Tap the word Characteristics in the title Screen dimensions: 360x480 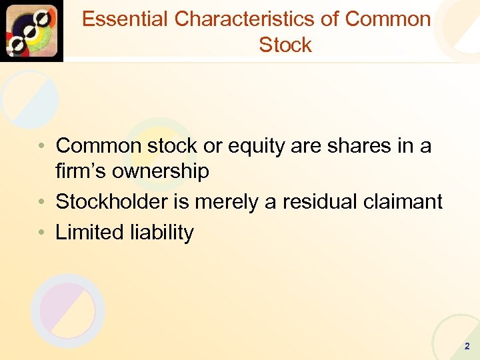[245, 19]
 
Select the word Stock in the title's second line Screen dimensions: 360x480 [285, 45]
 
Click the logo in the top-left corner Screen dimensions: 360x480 [31, 31]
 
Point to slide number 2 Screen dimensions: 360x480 [466, 346]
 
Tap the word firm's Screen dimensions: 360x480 [81, 171]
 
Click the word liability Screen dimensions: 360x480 [163, 232]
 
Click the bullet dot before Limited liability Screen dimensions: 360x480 [42, 233]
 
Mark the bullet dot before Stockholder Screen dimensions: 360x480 [42, 202]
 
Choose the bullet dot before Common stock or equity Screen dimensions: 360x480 [42, 146]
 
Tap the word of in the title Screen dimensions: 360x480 [329, 19]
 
